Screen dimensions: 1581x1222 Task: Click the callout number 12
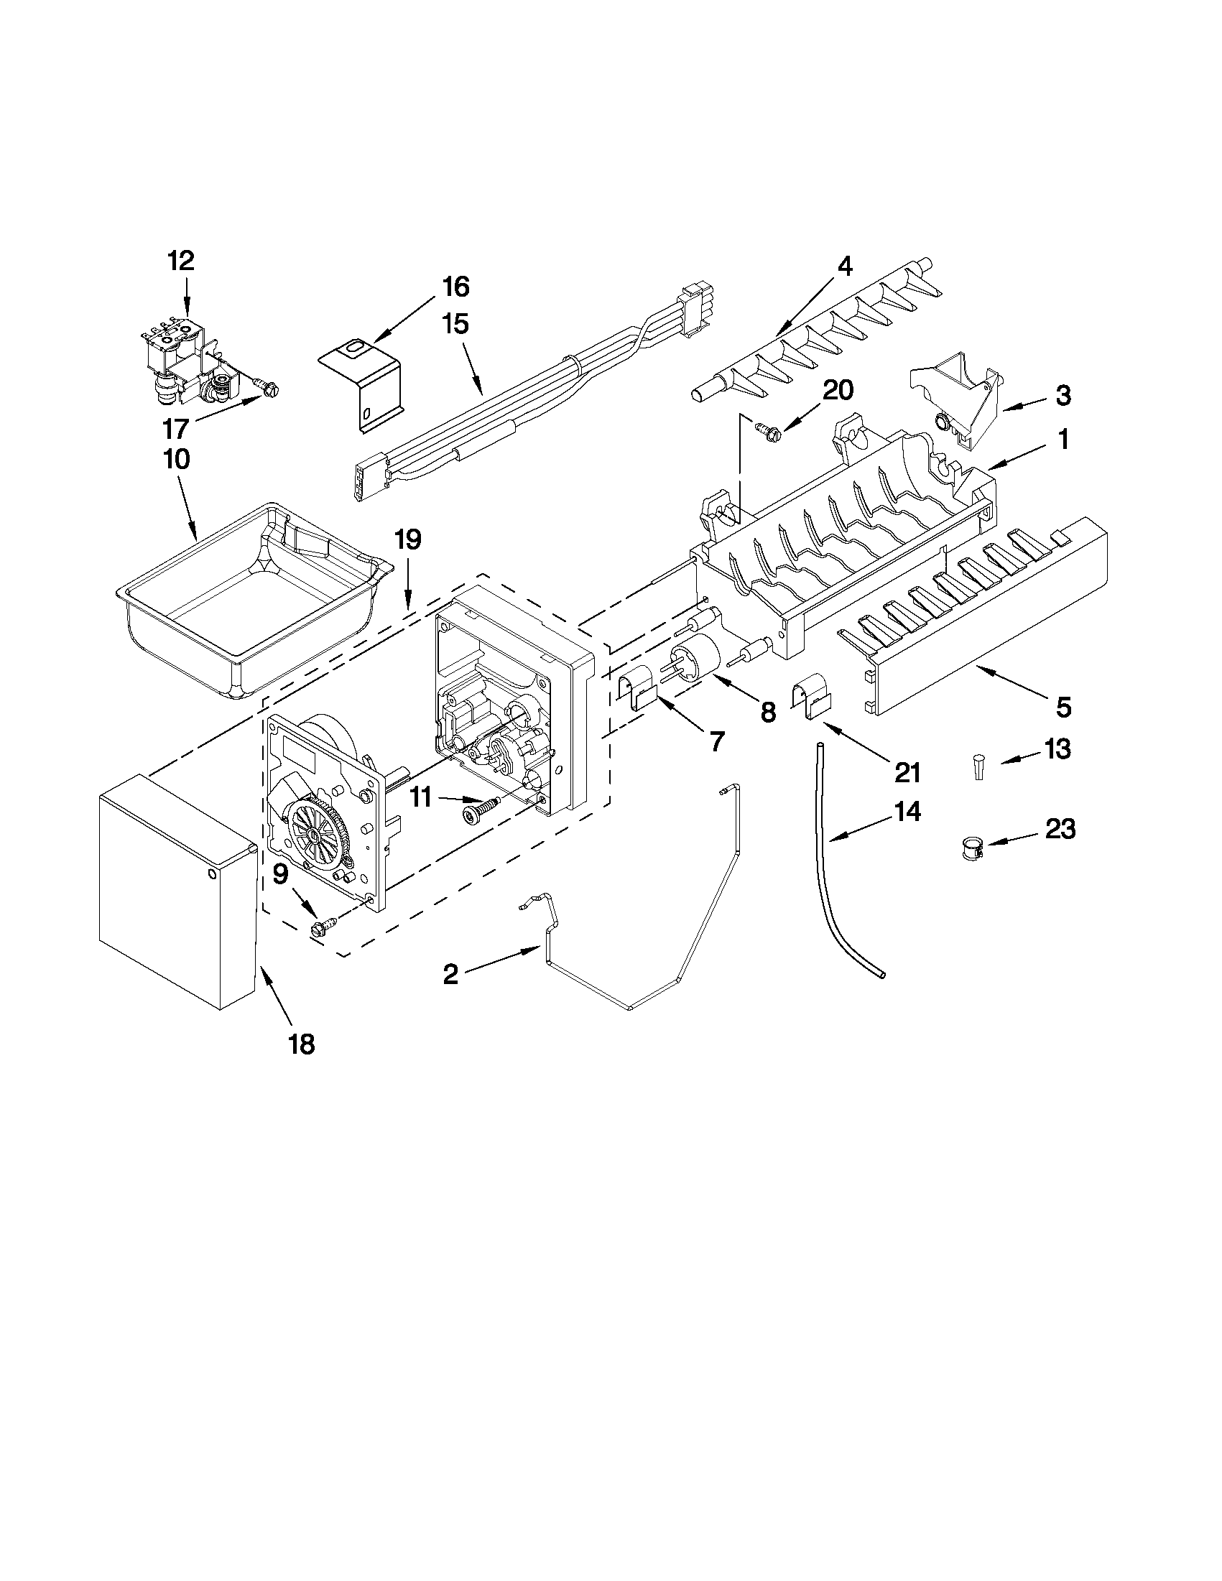pos(181,261)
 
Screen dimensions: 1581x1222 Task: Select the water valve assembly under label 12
pos(185,366)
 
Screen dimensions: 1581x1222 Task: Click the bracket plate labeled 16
pos(362,384)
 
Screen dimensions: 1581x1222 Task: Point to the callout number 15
pos(455,323)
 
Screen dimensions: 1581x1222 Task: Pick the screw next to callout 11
pos(480,810)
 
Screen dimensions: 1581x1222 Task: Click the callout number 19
pos(407,540)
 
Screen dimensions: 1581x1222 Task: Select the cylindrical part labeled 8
pos(695,655)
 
